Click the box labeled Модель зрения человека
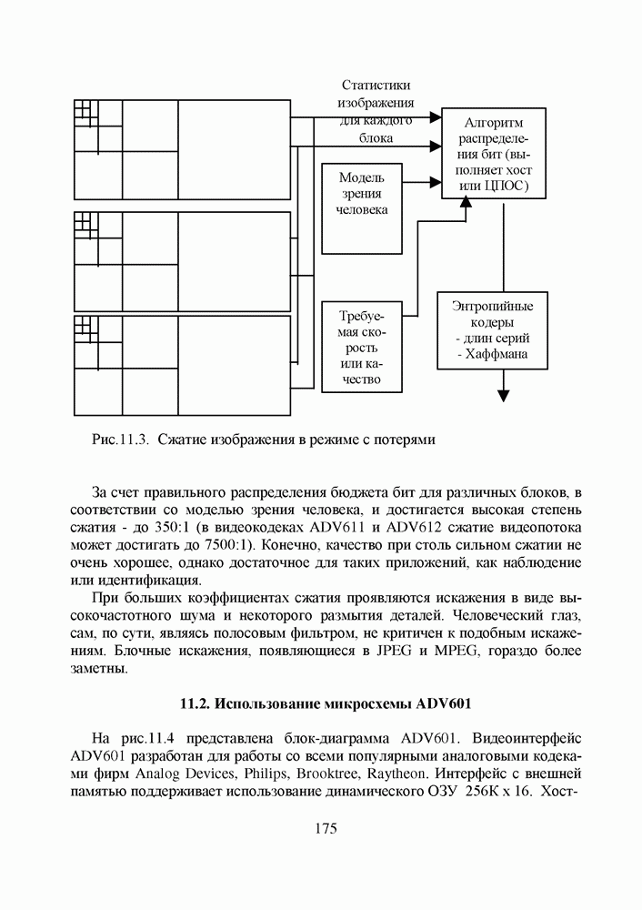point(362,207)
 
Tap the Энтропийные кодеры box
point(492,329)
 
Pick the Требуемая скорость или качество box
point(362,347)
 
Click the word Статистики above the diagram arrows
point(376,85)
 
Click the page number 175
point(326,829)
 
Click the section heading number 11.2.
point(196,703)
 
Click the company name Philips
point(264,773)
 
